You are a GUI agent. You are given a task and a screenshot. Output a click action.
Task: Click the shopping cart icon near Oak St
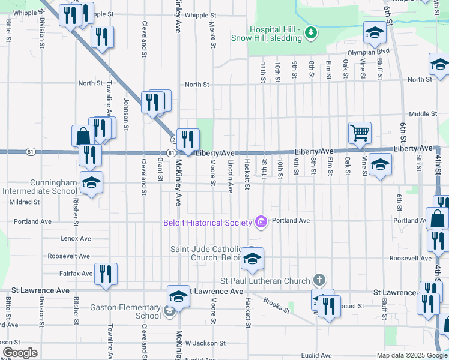[x=360, y=132]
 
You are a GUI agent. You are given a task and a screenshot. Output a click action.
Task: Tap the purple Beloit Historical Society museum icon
[x=261, y=223]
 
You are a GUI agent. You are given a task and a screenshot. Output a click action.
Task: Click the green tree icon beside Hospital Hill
[x=310, y=33]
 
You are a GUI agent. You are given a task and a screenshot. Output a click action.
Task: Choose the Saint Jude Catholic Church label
[x=206, y=253]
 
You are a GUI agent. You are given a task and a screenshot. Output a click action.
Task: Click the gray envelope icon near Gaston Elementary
[x=170, y=311]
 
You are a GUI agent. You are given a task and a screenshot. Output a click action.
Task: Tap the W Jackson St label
[x=205, y=343]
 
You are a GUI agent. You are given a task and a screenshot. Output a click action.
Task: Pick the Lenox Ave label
[x=76, y=238]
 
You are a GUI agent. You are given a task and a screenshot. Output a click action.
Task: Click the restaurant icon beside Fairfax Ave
[x=106, y=274]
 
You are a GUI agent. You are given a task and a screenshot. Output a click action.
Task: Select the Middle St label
[x=423, y=114]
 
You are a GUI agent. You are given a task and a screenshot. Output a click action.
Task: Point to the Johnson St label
[x=127, y=114]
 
